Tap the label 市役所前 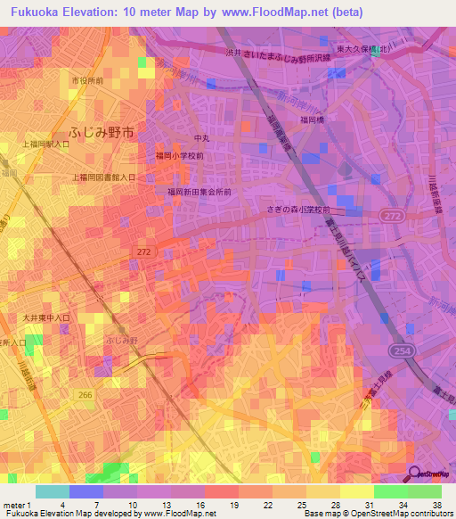click(87, 81)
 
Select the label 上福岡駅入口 click(46, 144)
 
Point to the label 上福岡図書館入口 click(104, 177)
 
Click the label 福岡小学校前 click(179, 155)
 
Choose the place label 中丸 click(201, 138)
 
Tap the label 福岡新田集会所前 click(199, 191)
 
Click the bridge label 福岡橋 click(312, 116)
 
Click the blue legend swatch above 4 click(86, 491)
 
